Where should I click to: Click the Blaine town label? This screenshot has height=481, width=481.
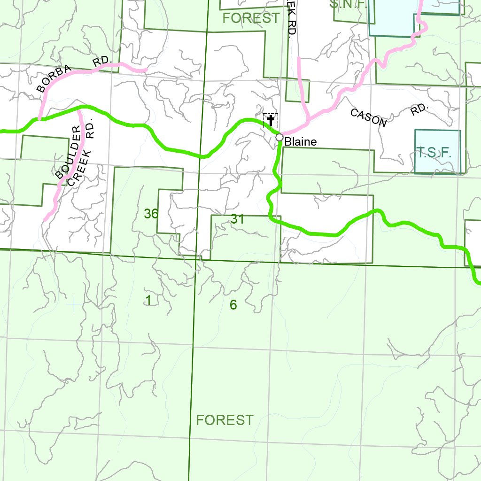(x=301, y=141)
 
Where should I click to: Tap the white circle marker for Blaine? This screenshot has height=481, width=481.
(x=279, y=137)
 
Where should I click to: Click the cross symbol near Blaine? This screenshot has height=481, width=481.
(x=271, y=121)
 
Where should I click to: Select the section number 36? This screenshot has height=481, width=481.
(x=151, y=214)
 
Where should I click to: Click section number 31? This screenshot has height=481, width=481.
(x=237, y=218)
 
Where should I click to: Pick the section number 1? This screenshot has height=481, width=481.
(x=148, y=301)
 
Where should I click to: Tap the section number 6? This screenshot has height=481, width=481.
(x=233, y=305)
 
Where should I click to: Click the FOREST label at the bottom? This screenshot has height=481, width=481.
(x=225, y=420)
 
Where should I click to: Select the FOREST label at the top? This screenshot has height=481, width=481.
(x=251, y=18)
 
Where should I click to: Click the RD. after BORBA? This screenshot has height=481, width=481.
(x=101, y=61)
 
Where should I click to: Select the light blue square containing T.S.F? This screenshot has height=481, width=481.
(x=437, y=152)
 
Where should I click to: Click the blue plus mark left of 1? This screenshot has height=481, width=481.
(x=74, y=305)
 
